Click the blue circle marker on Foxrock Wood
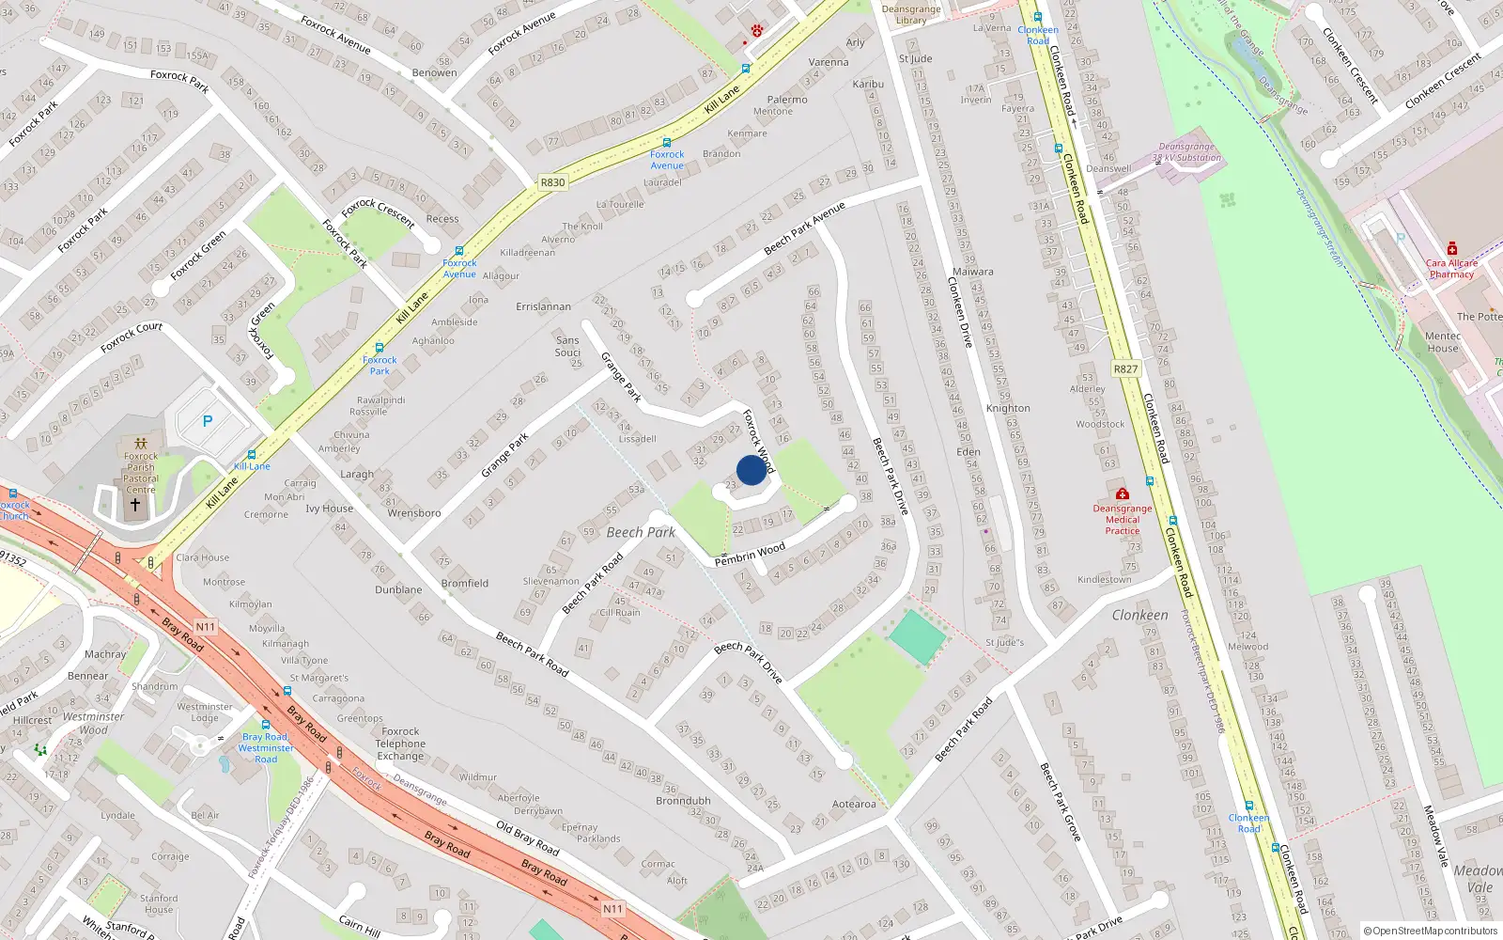pyautogui.click(x=751, y=470)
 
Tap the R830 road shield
pyautogui.click(x=553, y=183)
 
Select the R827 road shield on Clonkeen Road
pyautogui.click(x=1125, y=369)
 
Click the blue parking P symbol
pyautogui.click(x=208, y=421)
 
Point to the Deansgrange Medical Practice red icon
pyautogui.click(x=1122, y=494)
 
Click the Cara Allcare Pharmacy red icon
pyautogui.click(x=1451, y=248)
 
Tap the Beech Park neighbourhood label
pyautogui.click(x=641, y=532)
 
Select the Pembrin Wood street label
pyautogui.click(x=750, y=555)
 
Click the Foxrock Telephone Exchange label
pyautogui.click(x=400, y=744)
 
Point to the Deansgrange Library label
pyautogui.click(x=910, y=14)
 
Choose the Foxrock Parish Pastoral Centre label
pyautogui.click(x=141, y=473)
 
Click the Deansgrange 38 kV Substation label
pyautogui.click(x=1188, y=152)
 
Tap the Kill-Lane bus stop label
pyautogui.click(x=252, y=466)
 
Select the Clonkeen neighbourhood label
pyautogui.click(x=1139, y=615)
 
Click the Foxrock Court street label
pyautogui.click(x=132, y=337)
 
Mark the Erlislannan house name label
pyautogui.click(x=543, y=306)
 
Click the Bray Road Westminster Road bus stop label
pyautogui.click(x=266, y=748)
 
